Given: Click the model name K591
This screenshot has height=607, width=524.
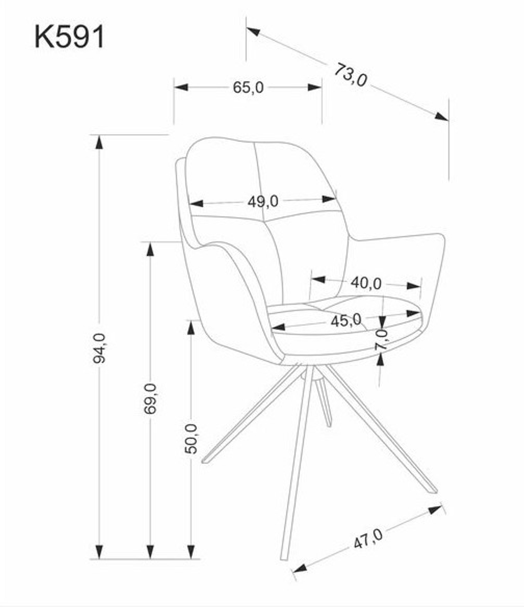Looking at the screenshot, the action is click(x=70, y=37).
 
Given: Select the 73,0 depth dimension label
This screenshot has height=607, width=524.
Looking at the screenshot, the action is click(x=350, y=75).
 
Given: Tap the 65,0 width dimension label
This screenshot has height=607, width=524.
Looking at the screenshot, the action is click(x=248, y=87).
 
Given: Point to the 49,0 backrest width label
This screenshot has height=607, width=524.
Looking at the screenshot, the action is click(x=263, y=201).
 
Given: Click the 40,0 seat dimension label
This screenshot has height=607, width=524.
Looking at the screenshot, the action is click(x=366, y=283).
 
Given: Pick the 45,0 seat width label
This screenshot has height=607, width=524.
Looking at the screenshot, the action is click(x=346, y=321).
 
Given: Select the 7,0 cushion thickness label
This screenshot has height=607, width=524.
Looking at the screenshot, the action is click(x=381, y=339).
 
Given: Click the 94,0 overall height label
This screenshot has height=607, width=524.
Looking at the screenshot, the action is click(x=99, y=348).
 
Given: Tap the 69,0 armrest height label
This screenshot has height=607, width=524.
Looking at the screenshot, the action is click(x=150, y=399).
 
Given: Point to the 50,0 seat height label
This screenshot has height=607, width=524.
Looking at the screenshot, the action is click(x=191, y=439).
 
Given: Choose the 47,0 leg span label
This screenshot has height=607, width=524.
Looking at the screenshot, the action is click(x=368, y=539).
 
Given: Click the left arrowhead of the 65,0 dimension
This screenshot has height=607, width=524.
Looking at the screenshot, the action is click(x=181, y=87).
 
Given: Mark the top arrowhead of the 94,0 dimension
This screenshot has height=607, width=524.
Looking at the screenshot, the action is click(x=100, y=142).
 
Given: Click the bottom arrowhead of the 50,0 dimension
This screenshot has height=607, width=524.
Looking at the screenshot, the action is click(x=191, y=552).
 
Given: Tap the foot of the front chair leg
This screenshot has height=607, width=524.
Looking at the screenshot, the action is click(x=285, y=557).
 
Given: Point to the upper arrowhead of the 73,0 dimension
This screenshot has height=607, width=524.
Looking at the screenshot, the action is click(x=253, y=31).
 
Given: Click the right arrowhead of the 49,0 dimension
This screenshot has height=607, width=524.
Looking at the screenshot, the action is click(x=329, y=199).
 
